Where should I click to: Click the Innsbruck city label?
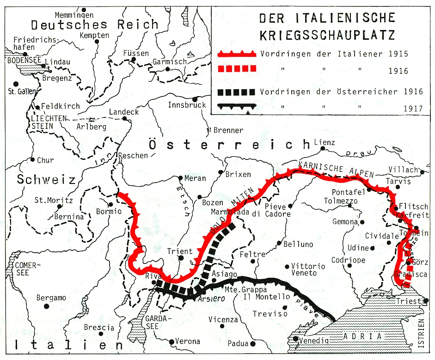point(186,105)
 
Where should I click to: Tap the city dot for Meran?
point(181,177)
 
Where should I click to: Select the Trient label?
point(179,251)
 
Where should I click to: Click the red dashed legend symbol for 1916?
point(236,69)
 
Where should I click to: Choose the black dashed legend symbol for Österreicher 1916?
point(236,91)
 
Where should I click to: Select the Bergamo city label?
point(51,298)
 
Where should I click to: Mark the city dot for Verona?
point(171,342)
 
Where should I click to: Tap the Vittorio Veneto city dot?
point(287,266)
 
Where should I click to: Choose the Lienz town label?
point(324,142)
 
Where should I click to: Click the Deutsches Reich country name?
point(95,24)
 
